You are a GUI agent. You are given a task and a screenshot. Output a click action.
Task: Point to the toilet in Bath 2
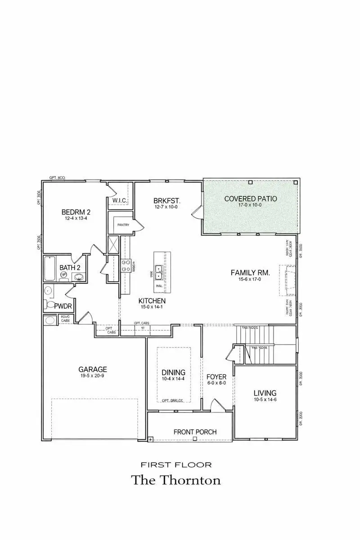click(x=64, y=274)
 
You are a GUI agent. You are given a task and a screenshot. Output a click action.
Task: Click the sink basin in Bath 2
click(x=79, y=277)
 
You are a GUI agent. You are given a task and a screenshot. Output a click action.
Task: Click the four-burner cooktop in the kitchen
click(x=126, y=266)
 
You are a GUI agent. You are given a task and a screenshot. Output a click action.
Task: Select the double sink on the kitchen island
click(x=159, y=272)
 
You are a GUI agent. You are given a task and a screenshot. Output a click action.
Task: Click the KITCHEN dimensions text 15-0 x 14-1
click(x=152, y=308)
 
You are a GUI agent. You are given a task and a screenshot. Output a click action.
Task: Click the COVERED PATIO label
click(x=251, y=198)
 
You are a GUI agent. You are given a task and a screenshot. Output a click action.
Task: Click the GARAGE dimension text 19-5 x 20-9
click(x=93, y=377)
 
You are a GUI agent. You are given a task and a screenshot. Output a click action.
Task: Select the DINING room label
click(x=173, y=372)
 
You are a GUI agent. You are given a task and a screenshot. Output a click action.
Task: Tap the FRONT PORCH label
click(x=195, y=432)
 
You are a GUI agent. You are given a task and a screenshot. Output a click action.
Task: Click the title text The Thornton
click(x=176, y=480)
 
